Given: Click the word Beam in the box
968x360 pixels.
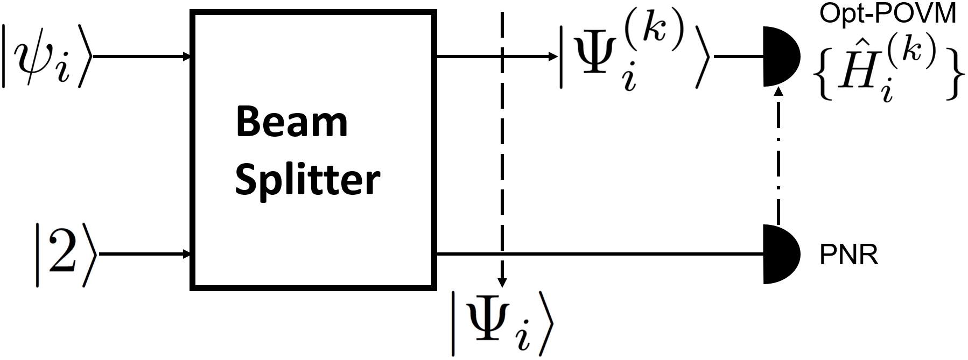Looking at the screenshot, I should [291, 122].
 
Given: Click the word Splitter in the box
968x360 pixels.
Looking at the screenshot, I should [307, 180].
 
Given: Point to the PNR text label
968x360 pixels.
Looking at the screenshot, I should [848, 256].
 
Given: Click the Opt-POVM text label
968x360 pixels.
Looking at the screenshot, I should [888, 14].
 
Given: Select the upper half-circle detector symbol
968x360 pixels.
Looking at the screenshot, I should [780, 56].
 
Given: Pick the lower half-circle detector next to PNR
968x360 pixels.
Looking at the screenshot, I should [780, 253].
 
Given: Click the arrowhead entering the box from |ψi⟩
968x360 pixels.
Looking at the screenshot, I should [187, 56].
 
